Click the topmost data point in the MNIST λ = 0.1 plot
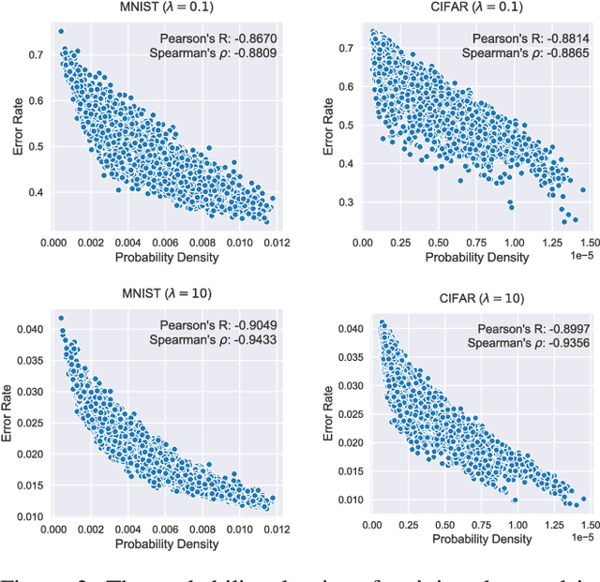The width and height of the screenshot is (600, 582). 61,31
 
